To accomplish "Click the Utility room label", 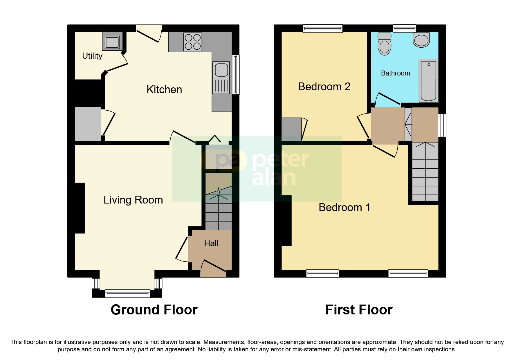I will click(x=92, y=56).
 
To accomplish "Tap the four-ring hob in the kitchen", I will click(x=193, y=42).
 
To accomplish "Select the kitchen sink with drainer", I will click(x=221, y=78).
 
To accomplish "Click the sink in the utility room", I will click(x=112, y=42).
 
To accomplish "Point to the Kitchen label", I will click(x=164, y=89).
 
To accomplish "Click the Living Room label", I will click(x=133, y=200).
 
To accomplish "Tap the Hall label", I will click(x=211, y=243).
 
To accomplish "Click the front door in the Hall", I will click(x=213, y=266).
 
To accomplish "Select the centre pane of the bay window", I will click(x=127, y=294).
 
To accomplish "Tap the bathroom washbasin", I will click(x=421, y=40).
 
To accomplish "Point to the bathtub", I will click(x=428, y=80).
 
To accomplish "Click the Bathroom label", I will click(x=395, y=73).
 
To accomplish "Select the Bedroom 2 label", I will click(x=324, y=87).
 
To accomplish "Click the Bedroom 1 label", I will click(x=345, y=207).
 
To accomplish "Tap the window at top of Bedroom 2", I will click(x=322, y=28).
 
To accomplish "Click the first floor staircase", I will click(x=425, y=172).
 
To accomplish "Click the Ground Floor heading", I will click(x=154, y=310).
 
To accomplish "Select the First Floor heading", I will click(x=359, y=310).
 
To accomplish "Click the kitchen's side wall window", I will click(x=236, y=75).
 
